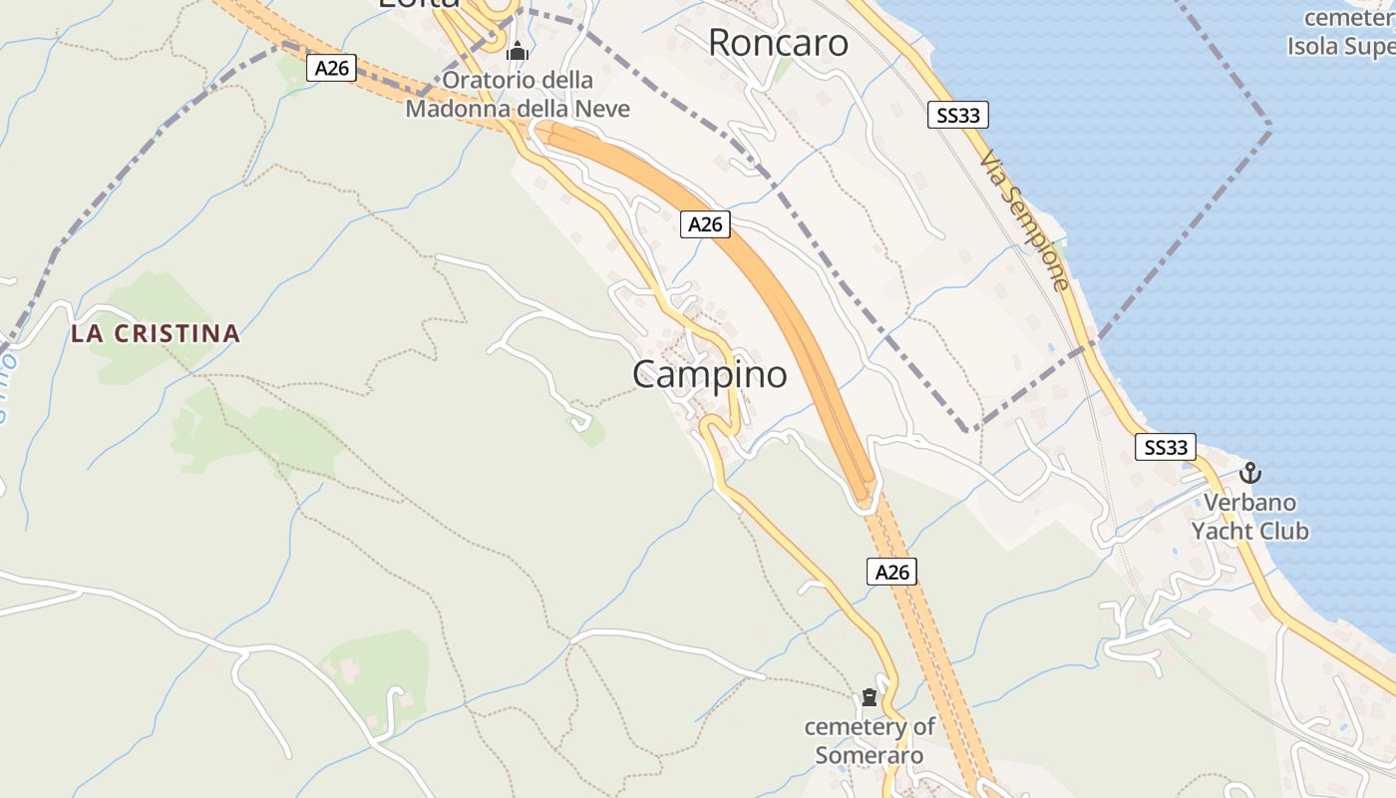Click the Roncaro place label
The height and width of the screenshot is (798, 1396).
[778, 43]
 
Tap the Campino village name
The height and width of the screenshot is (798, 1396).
[709, 375]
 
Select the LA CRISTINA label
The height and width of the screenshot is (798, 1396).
[156, 334]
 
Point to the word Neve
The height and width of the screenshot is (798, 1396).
[598, 108]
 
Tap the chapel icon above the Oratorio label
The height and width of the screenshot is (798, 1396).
[518, 52]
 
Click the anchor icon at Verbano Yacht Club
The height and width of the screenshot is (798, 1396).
[1249, 473]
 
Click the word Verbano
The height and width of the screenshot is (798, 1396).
[1249, 502]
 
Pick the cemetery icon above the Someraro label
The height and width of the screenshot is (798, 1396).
[870, 697]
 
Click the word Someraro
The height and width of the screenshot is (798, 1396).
[870, 755]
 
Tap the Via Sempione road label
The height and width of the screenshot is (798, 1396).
[1025, 220]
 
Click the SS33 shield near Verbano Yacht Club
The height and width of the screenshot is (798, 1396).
[1166, 447]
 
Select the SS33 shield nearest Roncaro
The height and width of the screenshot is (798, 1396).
[957, 115]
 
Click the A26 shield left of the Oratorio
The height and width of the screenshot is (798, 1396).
[331, 68]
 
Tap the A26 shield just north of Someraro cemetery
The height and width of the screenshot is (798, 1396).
[891, 572]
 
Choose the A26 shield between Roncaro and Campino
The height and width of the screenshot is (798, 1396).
[705, 224]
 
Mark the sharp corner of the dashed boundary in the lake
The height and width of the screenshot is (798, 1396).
[1270, 127]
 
